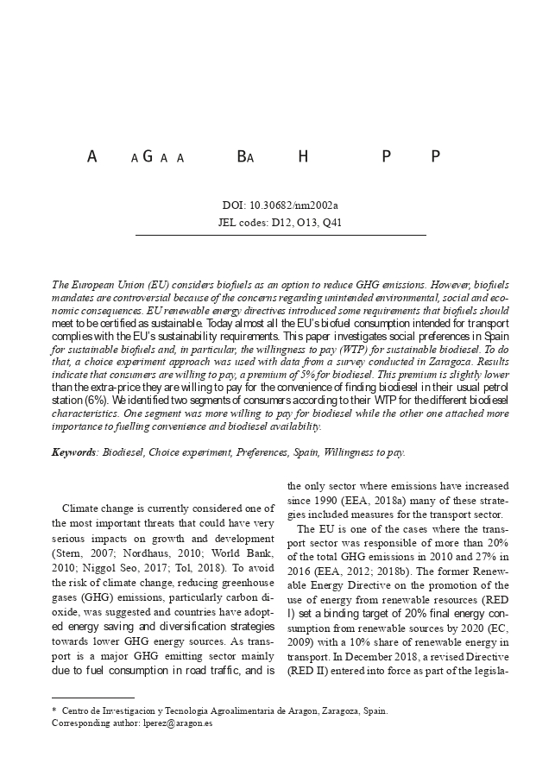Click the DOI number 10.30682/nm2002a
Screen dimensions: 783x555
[x=293, y=205]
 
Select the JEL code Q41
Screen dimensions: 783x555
[x=332, y=223]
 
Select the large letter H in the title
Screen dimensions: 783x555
[x=303, y=157]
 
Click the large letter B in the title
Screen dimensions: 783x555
[x=242, y=157]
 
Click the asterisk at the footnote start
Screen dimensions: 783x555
[x=54, y=710]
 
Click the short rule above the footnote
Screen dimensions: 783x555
[x=93, y=697]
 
